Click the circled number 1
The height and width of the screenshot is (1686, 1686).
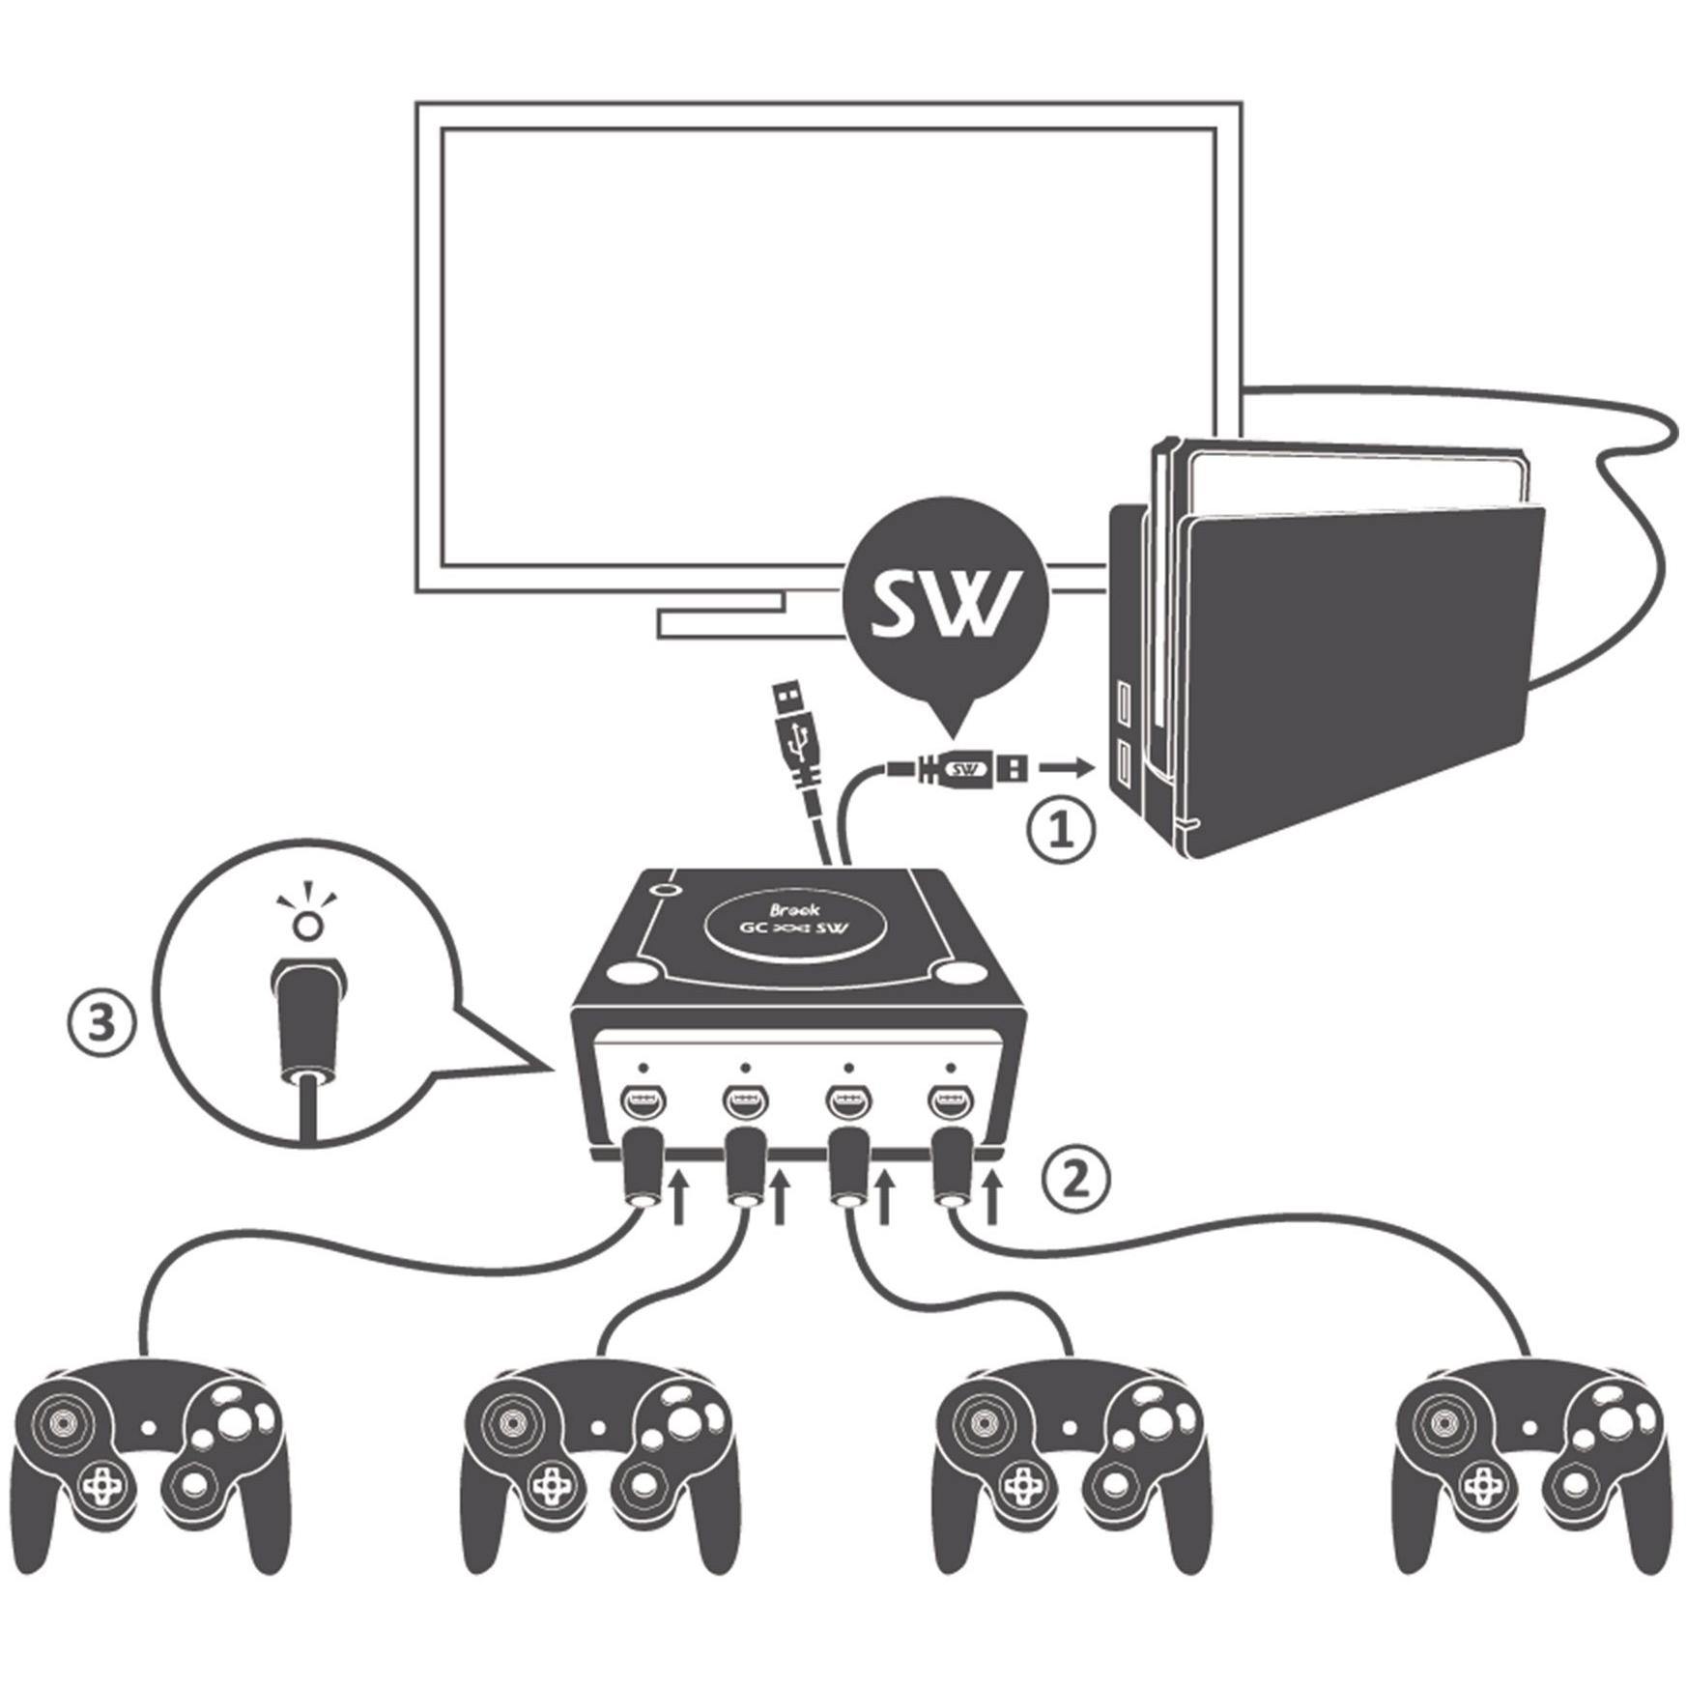(x=1061, y=831)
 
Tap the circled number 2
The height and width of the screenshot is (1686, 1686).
(x=1076, y=1177)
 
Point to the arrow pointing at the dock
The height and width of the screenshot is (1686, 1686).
(x=1067, y=769)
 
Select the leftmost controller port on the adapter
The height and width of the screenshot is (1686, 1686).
(x=640, y=1101)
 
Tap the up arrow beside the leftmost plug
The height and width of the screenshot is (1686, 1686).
(x=678, y=1197)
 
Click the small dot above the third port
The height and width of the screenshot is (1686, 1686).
(x=847, y=1067)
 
